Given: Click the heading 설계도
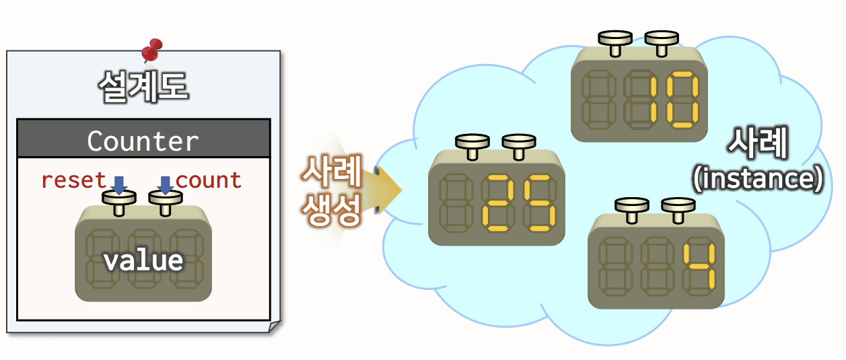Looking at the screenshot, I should pyautogui.click(x=143, y=85).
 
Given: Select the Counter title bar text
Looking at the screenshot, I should pyautogui.click(x=143, y=141).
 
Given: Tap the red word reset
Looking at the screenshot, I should pyautogui.click(x=73, y=180).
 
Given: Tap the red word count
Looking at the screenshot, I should pyautogui.click(x=209, y=180).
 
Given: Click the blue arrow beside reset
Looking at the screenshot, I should pyautogui.click(x=119, y=184).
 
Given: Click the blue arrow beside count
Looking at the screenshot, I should pyautogui.click(x=165, y=184).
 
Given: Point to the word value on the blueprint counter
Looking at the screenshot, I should pyautogui.click(x=143, y=260).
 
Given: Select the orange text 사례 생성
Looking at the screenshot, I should pyautogui.click(x=332, y=191).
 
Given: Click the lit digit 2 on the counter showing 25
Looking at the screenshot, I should pyautogui.click(x=497, y=201).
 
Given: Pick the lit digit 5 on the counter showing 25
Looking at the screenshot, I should pyautogui.click(x=540, y=201).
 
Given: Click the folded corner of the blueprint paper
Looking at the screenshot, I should pyautogui.click(x=273, y=327).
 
